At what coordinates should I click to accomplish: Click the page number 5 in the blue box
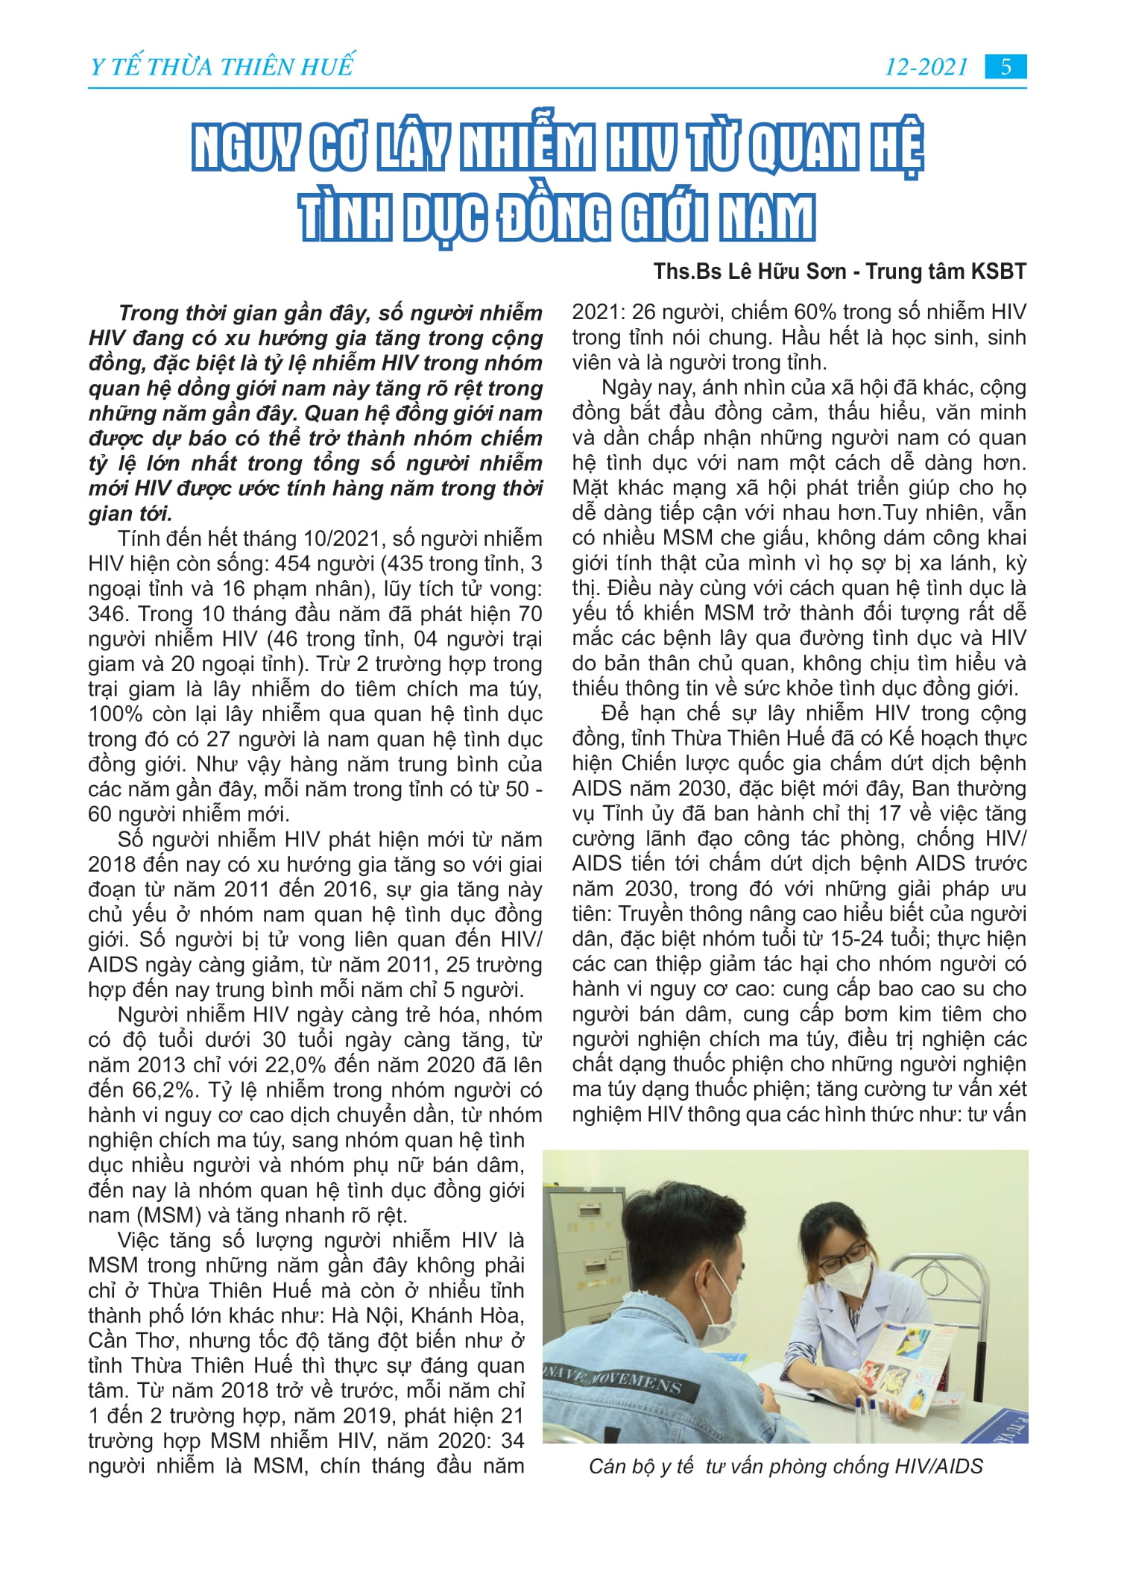click(x=1006, y=67)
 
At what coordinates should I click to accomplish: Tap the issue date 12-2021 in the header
click(x=926, y=67)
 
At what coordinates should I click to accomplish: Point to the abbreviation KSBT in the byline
click(x=998, y=271)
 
